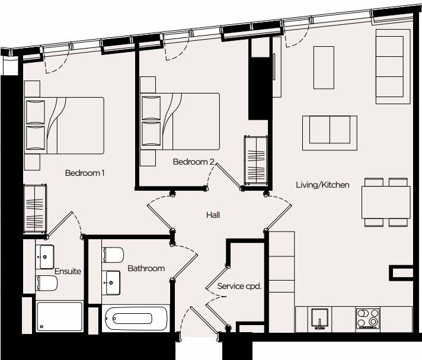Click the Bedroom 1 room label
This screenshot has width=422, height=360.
pos(85,173)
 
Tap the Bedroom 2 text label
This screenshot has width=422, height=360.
pos(193,162)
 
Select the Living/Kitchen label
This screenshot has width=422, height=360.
pos(322,185)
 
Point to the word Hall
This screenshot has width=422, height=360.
pos(213,215)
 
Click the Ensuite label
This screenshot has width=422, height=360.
pos(68,271)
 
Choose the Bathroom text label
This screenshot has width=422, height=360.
pos(146,268)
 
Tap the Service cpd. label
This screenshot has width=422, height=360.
pos(239,286)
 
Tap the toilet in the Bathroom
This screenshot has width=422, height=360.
pos(112,255)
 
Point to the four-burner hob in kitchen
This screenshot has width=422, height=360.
pos(367,319)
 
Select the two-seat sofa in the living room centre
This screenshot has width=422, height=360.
pos(330,130)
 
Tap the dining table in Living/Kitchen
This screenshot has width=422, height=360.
pos(386,202)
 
